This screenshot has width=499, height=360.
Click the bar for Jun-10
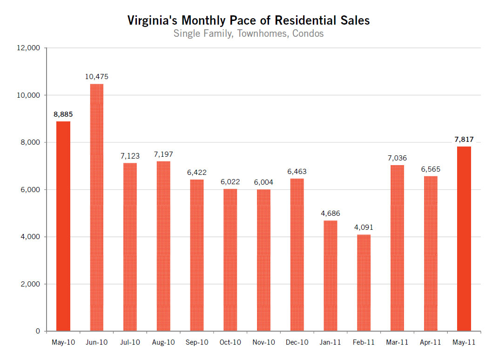coord(96,207)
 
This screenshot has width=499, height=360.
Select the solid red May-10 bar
coord(63,226)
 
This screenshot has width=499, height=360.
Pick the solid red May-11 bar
coord(464,239)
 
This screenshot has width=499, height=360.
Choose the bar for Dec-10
coord(297,255)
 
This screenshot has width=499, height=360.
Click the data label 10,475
coord(96,77)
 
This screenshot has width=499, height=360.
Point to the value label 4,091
coord(364,227)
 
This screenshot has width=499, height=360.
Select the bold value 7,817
coord(464,139)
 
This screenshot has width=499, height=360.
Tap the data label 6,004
coord(263,182)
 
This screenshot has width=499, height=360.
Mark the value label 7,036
coord(397,158)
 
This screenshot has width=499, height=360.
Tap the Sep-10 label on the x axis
coord(197,342)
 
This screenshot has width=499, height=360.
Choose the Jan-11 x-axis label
coord(330,342)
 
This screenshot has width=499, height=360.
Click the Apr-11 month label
coord(431,342)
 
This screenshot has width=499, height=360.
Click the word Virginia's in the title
coord(152,20)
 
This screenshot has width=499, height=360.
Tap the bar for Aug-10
coord(163,246)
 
